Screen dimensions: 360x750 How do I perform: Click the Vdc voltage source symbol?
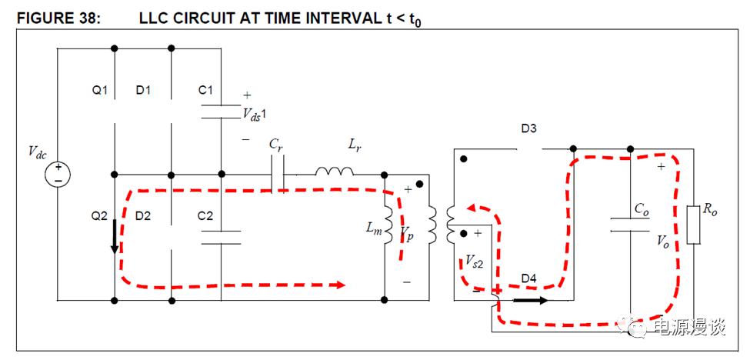[57, 174]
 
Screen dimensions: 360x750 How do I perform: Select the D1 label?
[143, 91]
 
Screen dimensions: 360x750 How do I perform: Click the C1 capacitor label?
[205, 91]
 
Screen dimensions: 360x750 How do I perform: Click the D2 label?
[143, 217]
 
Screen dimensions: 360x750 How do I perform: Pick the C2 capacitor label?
[205, 217]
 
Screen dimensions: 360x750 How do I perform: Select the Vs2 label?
[475, 261]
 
